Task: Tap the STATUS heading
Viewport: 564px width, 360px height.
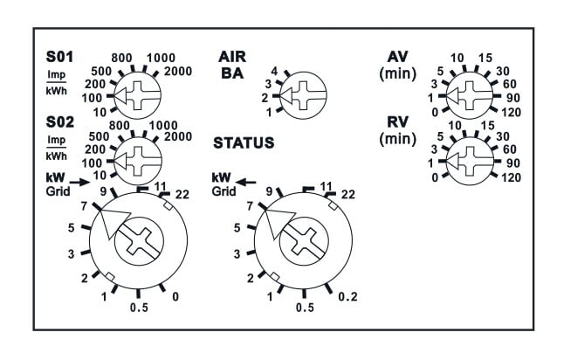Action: (x=243, y=142)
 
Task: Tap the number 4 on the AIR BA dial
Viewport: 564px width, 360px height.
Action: (x=274, y=71)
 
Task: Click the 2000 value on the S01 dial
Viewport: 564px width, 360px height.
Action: (x=178, y=70)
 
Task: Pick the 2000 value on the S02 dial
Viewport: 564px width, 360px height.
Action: (x=177, y=136)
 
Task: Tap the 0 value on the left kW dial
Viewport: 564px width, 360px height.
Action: (x=175, y=297)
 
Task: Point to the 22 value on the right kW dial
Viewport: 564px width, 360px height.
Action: (x=347, y=194)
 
